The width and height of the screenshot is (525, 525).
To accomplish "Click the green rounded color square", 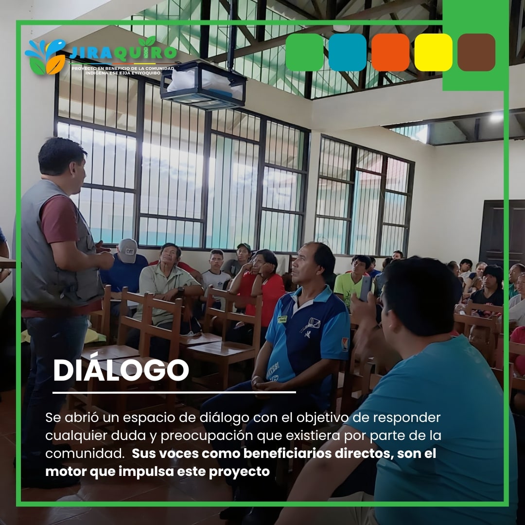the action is pyautogui.click(x=304, y=52).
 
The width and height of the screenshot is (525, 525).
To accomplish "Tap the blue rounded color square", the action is pyautogui.click(x=347, y=52).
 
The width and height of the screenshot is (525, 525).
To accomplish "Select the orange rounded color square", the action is pyautogui.click(x=390, y=52).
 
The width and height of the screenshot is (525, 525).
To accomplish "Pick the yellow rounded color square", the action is pyautogui.click(x=433, y=52).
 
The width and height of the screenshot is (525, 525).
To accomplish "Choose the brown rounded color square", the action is pyautogui.click(x=476, y=52).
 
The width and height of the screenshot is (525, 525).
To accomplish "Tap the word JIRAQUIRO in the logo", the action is pyautogui.click(x=122, y=52).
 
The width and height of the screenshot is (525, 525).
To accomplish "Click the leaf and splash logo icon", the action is pyautogui.click(x=45, y=57).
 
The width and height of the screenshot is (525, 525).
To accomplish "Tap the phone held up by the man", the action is pyautogui.click(x=366, y=288).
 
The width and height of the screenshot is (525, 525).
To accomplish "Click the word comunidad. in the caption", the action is pyautogui.click(x=85, y=454).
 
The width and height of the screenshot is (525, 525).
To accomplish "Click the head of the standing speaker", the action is pyautogui.click(x=64, y=164).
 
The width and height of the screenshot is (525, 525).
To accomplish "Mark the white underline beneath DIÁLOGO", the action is pyautogui.click(x=174, y=392).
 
